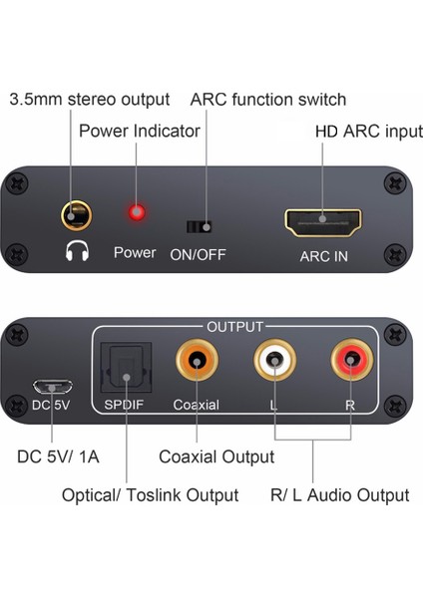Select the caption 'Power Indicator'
141,131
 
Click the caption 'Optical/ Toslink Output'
150,495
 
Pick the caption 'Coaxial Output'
216,457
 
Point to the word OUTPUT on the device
235,326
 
